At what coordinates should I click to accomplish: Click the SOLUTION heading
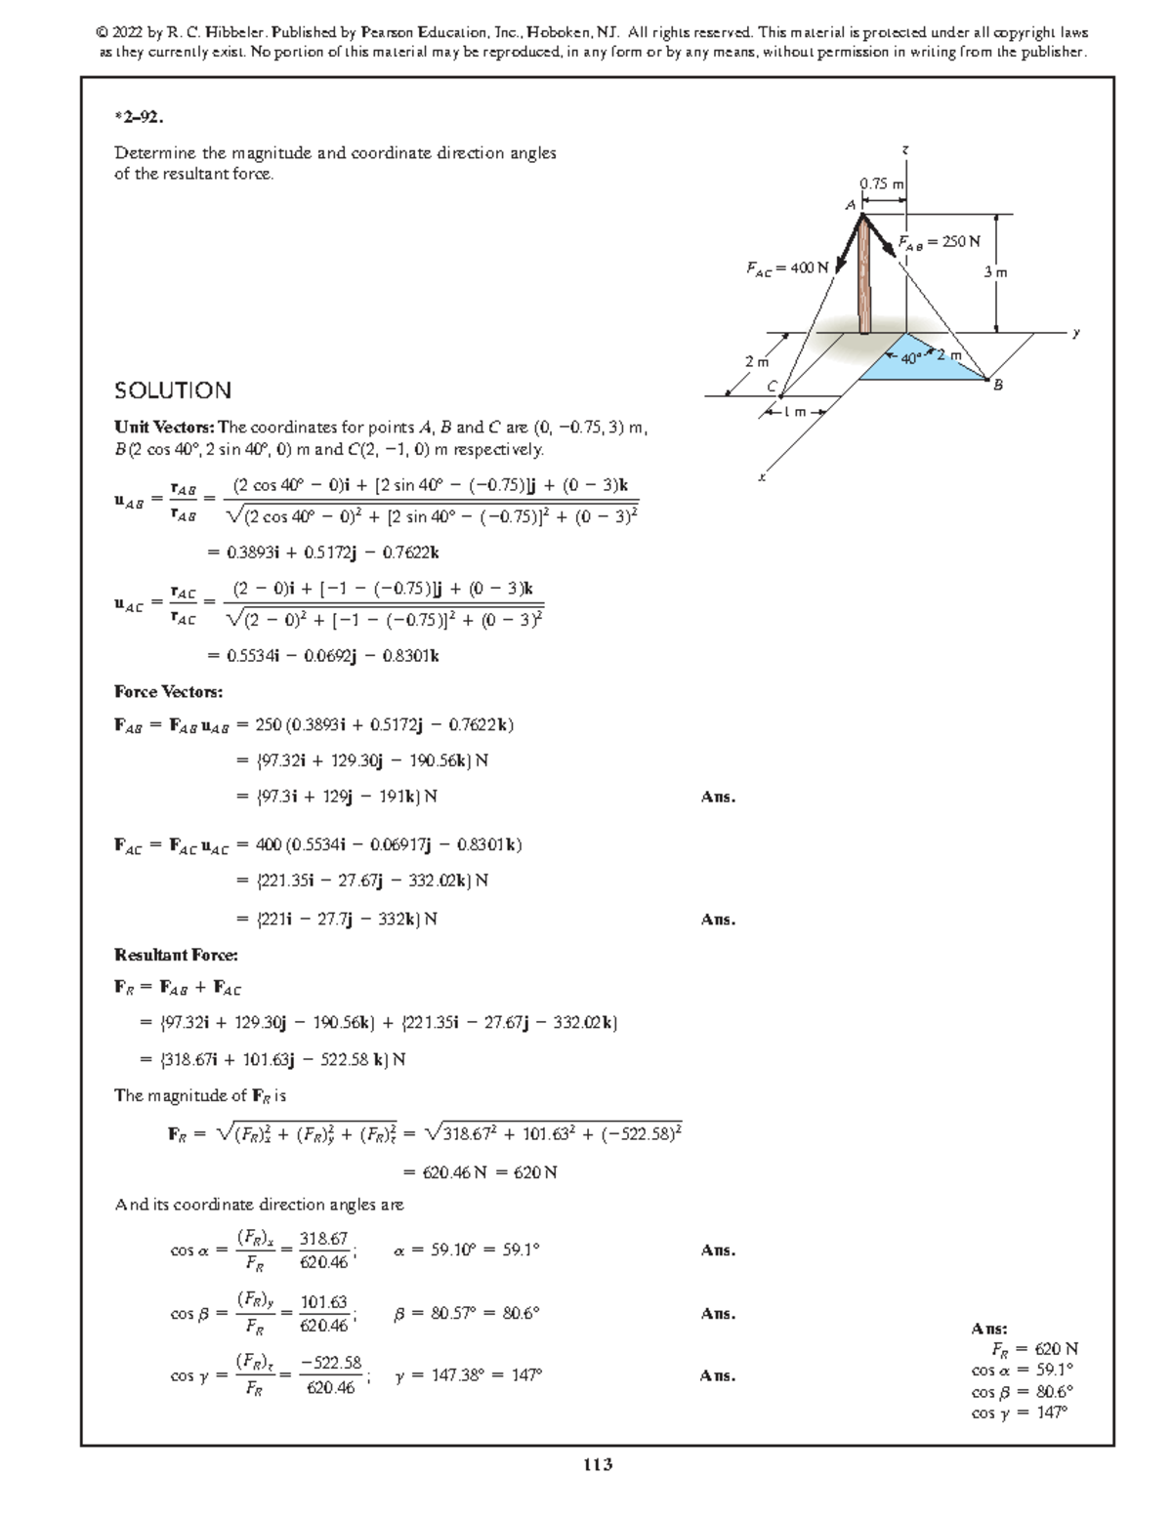[173, 391]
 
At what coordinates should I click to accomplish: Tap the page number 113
[597, 1464]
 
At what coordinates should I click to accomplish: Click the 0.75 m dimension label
[881, 184]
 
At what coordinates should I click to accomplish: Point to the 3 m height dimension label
[994, 272]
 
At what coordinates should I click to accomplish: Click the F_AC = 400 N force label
[786, 267]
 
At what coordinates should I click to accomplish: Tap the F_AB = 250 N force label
[940, 241]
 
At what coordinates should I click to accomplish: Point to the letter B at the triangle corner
[997, 387]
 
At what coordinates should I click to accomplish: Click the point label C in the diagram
[771, 387]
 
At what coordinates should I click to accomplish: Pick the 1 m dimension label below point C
[798, 411]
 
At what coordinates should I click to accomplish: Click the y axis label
[1076, 333]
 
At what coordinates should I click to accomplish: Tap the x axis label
[762, 477]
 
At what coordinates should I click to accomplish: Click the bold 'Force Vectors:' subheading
[168, 692]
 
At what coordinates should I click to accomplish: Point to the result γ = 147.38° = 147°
[468, 1375]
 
